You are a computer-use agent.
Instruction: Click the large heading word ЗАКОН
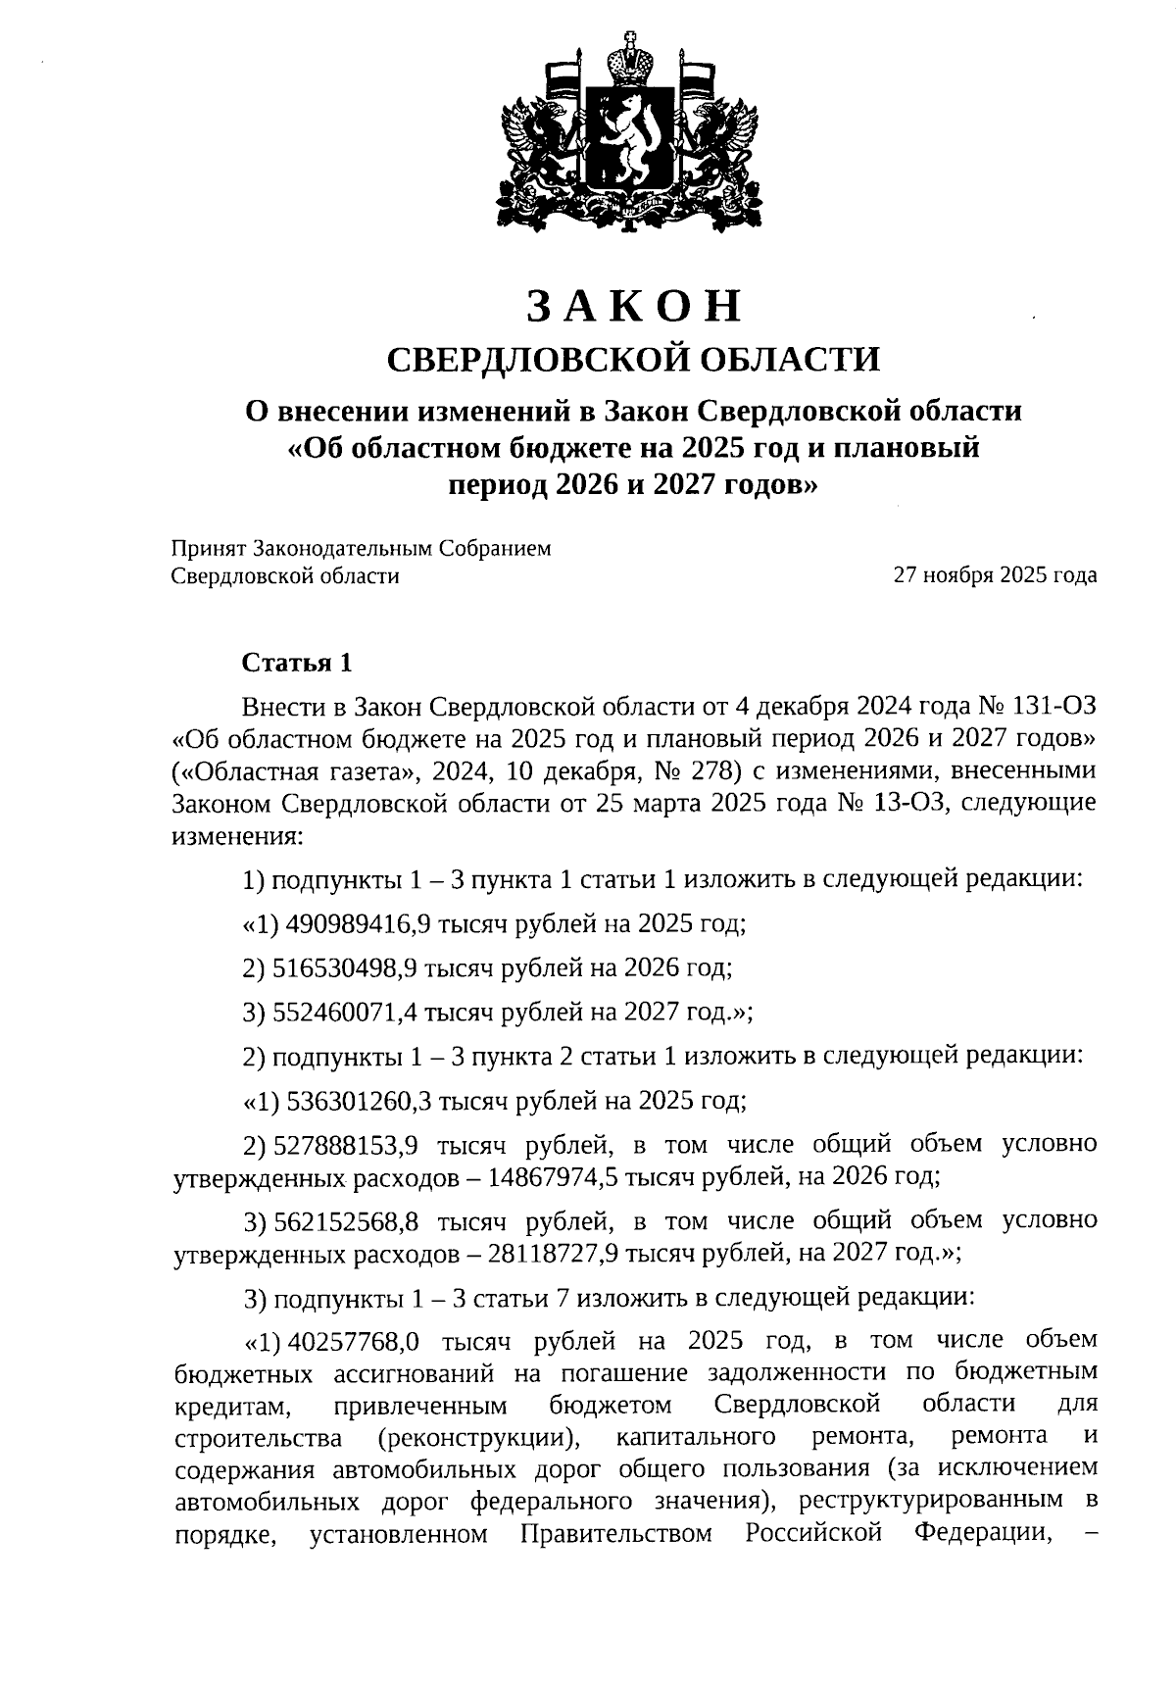(x=635, y=306)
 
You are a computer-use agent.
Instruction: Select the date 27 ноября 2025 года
(x=994, y=575)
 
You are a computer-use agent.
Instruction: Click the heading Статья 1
(x=296, y=664)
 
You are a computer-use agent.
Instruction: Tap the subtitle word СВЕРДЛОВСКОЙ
(x=529, y=359)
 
